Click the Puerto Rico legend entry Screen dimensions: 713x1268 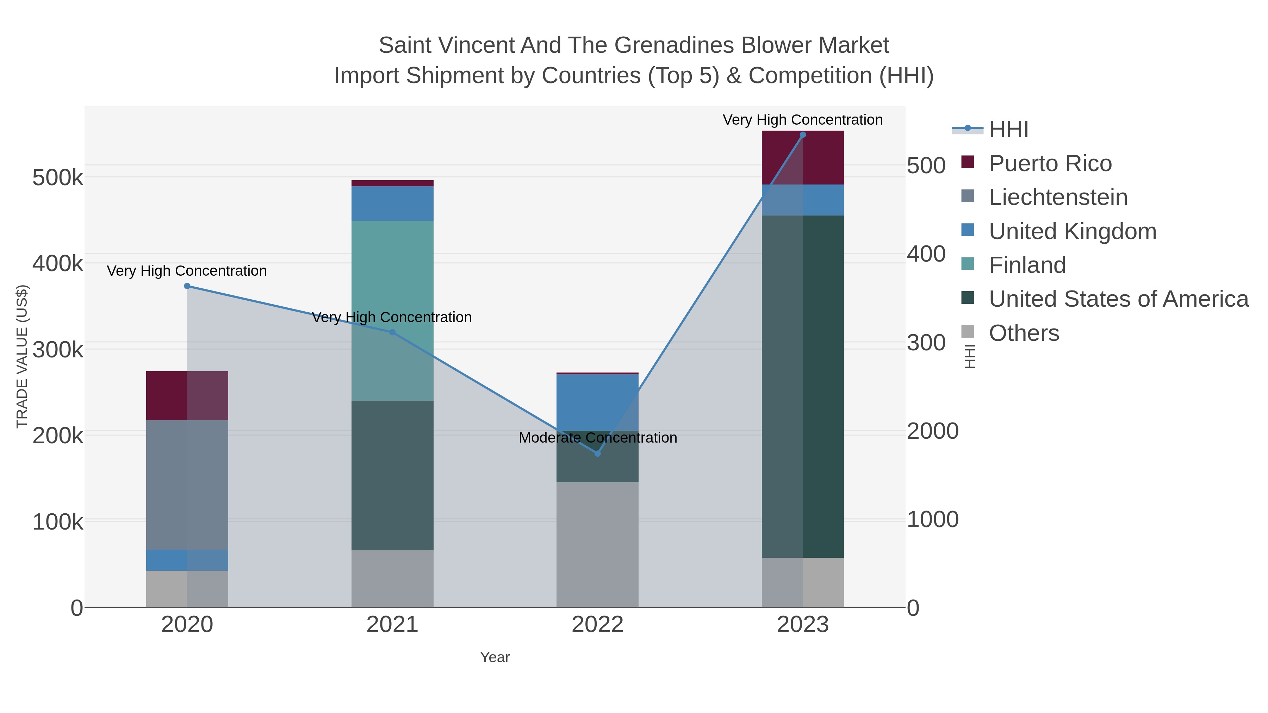(1050, 164)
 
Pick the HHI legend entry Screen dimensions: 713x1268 (1008, 130)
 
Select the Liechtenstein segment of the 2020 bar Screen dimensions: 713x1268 (187, 485)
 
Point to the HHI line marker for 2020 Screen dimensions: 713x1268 (187, 286)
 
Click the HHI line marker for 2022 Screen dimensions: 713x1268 (598, 453)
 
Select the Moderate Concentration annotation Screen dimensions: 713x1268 (598, 437)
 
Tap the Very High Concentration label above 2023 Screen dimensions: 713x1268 (802, 120)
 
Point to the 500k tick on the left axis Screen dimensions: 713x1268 (58, 178)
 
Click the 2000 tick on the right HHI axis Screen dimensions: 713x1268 (932, 431)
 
